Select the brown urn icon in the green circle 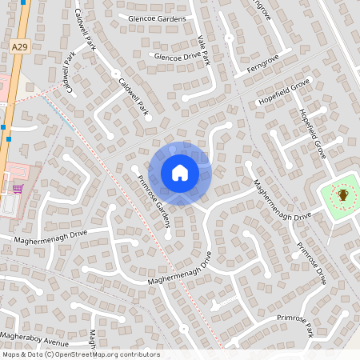click(x=343, y=194)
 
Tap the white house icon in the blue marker click(x=180, y=173)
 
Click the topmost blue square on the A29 click(x=25, y=2)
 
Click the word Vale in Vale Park click(x=199, y=41)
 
